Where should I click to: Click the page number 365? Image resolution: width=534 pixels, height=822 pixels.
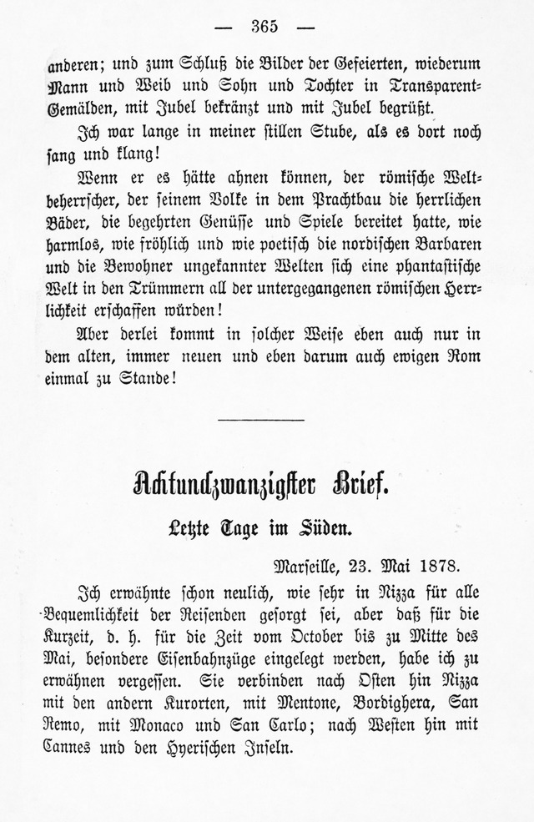tap(265, 26)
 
